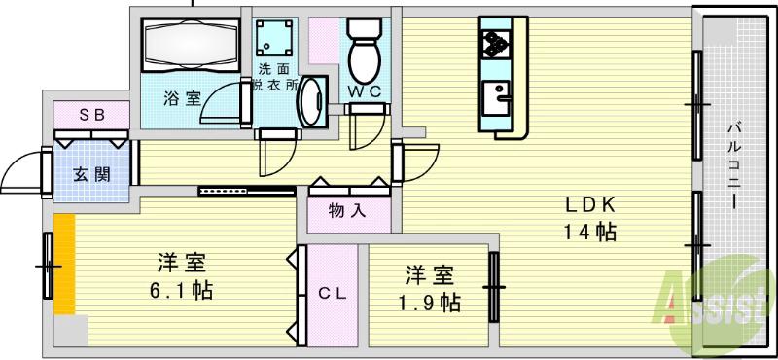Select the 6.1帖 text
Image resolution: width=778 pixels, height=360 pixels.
[x=182, y=289]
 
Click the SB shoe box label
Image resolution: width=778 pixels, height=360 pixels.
[x=91, y=114]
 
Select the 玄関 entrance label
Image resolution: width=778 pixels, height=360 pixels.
[x=90, y=175]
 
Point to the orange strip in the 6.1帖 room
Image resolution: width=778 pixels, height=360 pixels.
[x=64, y=264]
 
